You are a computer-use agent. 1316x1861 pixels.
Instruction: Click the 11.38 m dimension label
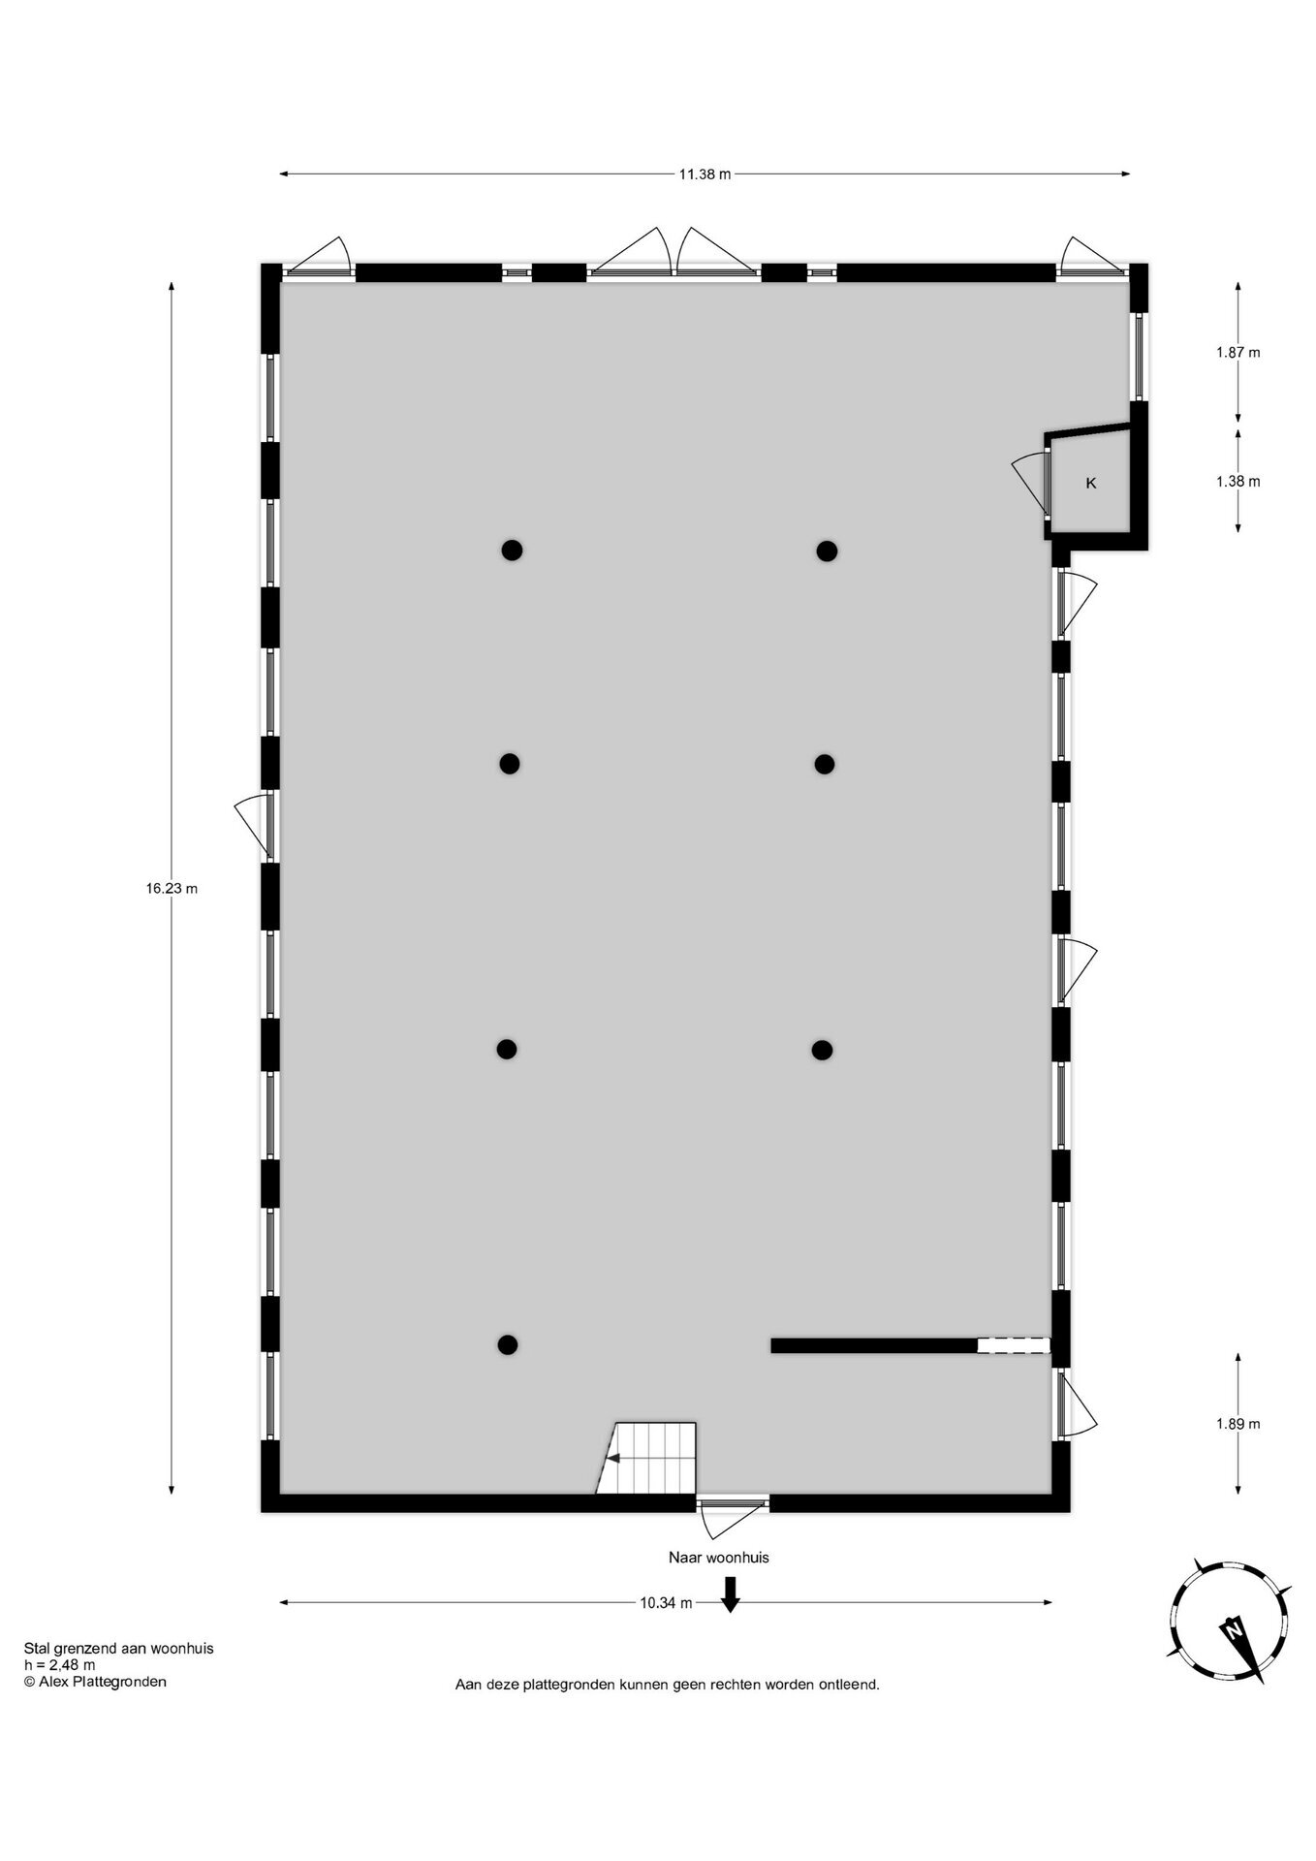coord(705,174)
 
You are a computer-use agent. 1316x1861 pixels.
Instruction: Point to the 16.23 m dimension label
coord(172,888)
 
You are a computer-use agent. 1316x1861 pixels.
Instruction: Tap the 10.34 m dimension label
coord(666,1602)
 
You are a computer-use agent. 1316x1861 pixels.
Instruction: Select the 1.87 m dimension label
coord(1238,352)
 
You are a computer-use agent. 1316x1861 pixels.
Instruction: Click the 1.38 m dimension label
coord(1238,481)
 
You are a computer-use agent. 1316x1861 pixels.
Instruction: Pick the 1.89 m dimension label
coord(1238,1424)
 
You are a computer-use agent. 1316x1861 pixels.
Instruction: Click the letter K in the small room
coord(1091,483)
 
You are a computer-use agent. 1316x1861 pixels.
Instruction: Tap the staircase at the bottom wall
coord(646,1458)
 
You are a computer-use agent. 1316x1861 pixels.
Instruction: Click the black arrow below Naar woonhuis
coord(731,1594)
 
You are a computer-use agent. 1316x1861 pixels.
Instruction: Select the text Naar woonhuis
coord(718,1558)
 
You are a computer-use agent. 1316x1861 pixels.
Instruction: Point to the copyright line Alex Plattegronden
coord(95,1682)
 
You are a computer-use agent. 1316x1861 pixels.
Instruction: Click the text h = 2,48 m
coord(60,1665)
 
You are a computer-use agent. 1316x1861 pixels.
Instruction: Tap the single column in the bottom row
coord(508,1344)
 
